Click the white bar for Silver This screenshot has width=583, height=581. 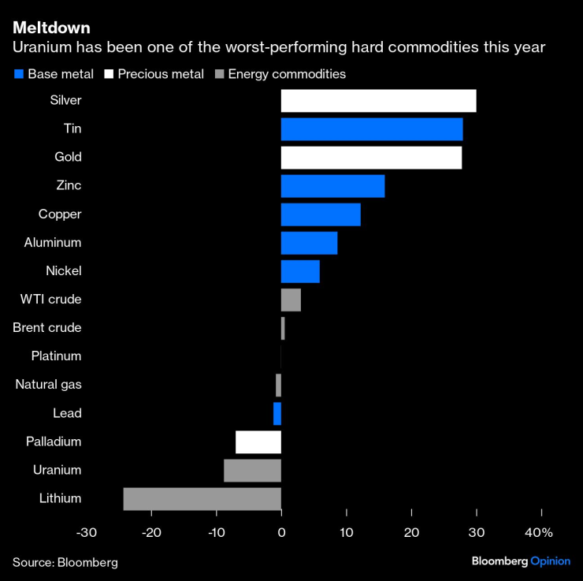coord(378,101)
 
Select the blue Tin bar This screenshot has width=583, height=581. coord(371,129)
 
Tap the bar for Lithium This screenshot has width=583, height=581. coord(202,499)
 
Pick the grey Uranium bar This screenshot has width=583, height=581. coord(252,471)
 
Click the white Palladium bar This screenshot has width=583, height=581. coord(258,442)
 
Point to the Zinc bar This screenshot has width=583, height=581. coord(332,186)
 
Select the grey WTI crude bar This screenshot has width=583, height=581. coord(291,300)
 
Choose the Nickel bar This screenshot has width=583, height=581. coord(300,271)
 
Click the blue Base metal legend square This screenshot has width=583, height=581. coord(19,75)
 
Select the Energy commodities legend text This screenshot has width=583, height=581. coord(287,75)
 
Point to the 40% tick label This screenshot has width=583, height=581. coord(539,533)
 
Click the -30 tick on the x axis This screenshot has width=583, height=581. coord(86,533)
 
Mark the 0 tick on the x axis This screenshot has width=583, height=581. coord(281,533)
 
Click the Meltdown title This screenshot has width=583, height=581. coord(50,29)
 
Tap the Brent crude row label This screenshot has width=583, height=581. coord(47,328)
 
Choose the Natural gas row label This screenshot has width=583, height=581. coord(49,385)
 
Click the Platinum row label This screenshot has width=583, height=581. coord(56,356)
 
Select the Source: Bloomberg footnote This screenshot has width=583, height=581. coord(65,562)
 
